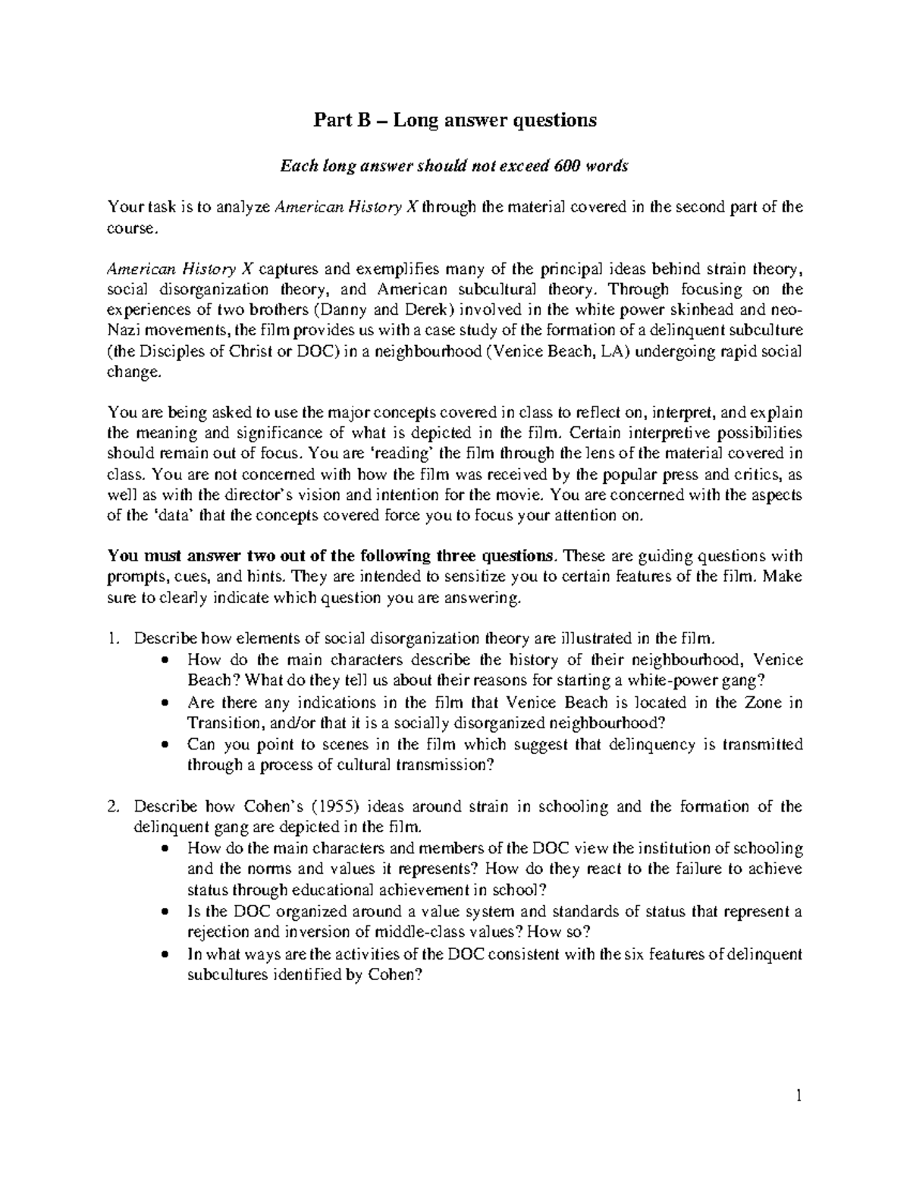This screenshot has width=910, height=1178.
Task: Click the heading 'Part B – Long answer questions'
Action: pyautogui.click(x=456, y=120)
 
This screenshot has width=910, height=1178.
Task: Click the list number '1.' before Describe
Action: pyautogui.click(x=115, y=638)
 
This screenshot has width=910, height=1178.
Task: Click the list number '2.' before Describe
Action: pyautogui.click(x=115, y=806)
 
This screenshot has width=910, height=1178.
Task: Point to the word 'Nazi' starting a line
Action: pyautogui.click(x=124, y=331)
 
